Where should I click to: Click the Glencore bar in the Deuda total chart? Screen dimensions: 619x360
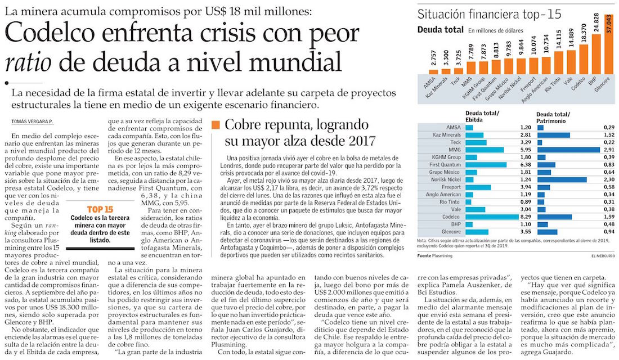[609, 44]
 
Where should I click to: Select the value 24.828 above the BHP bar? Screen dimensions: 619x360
[596, 23]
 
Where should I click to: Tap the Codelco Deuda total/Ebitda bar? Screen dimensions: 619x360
[492, 217]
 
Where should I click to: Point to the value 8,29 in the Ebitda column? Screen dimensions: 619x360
[526, 217]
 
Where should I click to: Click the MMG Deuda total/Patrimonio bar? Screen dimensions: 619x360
[568, 150]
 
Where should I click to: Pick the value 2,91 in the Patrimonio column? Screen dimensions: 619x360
[609, 150]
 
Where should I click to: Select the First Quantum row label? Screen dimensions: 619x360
[445, 165]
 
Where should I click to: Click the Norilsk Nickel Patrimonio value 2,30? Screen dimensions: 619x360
[609, 179]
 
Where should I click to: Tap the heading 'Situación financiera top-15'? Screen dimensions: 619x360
[489, 15]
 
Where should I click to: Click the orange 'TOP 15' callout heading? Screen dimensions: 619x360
[100, 210]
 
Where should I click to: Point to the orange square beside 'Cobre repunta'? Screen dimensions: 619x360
[216, 125]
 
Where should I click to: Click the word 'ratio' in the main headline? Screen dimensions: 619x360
[28, 62]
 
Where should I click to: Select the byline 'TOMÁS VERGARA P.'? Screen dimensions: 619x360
[32, 121]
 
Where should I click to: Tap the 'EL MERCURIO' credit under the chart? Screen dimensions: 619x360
[603, 256]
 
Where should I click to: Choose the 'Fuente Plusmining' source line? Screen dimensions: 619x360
[434, 256]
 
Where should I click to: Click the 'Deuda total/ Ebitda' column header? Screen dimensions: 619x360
[482, 116]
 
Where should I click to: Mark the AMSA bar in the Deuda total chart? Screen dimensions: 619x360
[433, 72]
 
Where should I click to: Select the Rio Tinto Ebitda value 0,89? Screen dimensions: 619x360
[526, 202]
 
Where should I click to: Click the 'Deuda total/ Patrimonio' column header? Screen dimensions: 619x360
[553, 118]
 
